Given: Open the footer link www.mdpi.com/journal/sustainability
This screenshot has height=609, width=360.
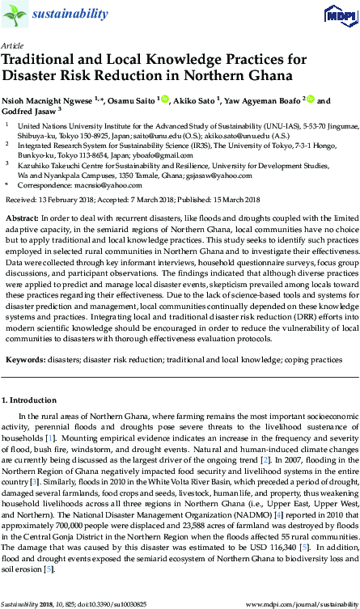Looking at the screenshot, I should pyautogui.click(x=302, y=603).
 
